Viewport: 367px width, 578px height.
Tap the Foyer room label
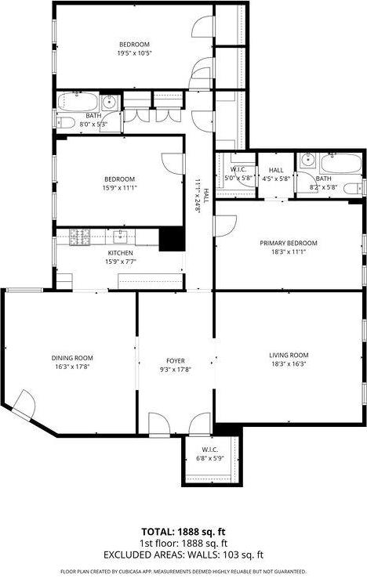point(175,360)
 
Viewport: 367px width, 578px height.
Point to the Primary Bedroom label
point(289,243)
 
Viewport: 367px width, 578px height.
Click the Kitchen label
point(120,253)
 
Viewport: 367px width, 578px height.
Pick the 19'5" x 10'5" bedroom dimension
point(134,53)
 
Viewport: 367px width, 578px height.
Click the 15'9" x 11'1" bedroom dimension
point(120,188)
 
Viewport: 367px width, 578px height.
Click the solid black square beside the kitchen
point(172,239)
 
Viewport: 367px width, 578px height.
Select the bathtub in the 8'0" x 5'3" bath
point(75,102)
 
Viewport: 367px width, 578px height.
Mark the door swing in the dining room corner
point(23,405)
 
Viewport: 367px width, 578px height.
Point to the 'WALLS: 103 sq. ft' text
point(228,554)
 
